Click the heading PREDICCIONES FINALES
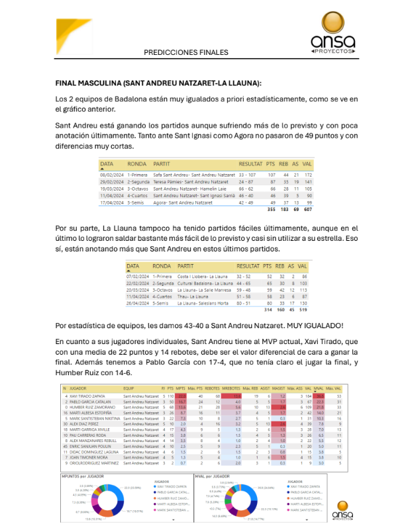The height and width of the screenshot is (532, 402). (185, 52)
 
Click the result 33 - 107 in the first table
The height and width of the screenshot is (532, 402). (250, 173)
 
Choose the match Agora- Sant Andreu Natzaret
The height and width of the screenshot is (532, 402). (183, 202)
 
